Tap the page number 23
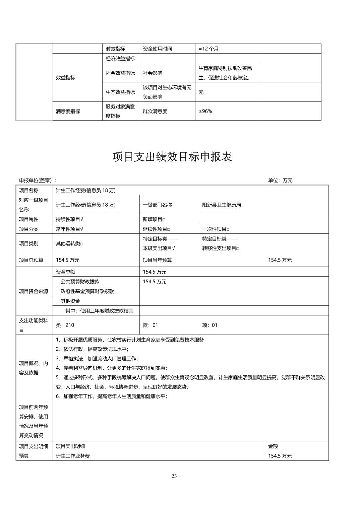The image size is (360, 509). click(x=174, y=476)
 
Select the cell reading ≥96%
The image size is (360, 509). click(x=205, y=111)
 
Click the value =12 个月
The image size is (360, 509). click(x=208, y=49)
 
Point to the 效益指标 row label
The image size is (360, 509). click(x=66, y=78)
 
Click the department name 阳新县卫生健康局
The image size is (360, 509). click(x=222, y=205)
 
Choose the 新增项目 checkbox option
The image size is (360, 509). click(x=154, y=219)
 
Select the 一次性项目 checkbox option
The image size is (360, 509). click(x=216, y=229)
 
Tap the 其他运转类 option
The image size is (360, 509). click(x=69, y=243)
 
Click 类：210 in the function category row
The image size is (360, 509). click(x=65, y=325)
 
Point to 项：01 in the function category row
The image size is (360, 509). click(x=210, y=325)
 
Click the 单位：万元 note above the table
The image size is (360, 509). click(x=280, y=180)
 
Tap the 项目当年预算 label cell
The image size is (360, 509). click(x=157, y=260)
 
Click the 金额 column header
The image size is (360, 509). click(x=273, y=446)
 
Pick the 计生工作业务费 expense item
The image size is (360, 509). click(x=73, y=456)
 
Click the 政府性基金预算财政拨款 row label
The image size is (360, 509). click(x=87, y=291)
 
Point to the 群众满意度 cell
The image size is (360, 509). click(x=155, y=111)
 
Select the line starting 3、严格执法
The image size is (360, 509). click(x=97, y=358)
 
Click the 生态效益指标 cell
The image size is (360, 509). click(x=120, y=92)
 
